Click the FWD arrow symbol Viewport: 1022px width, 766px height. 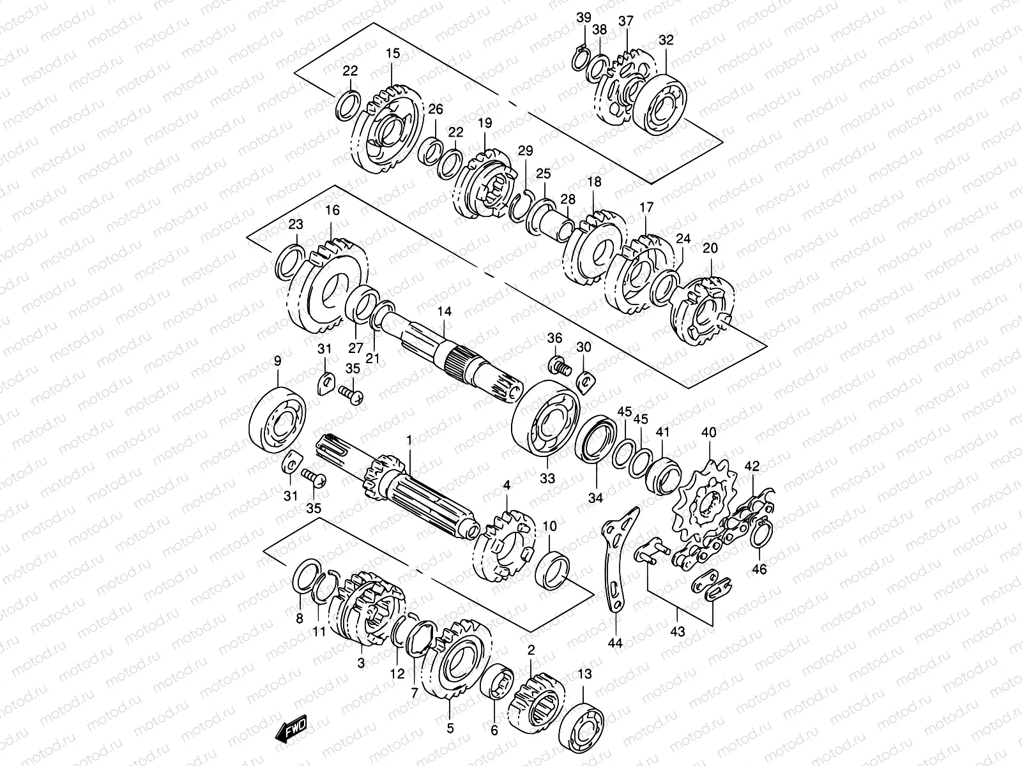[x=292, y=728]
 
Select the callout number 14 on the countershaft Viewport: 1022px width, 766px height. [x=445, y=312]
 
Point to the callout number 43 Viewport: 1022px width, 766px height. [x=678, y=632]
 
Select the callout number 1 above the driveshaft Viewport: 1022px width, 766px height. [x=409, y=440]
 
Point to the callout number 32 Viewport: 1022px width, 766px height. [x=666, y=40]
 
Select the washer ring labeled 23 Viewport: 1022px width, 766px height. [x=289, y=261]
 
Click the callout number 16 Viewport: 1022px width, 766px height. [x=332, y=211]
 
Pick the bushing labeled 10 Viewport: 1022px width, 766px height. [x=553, y=569]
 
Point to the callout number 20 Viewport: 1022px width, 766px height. [x=710, y=248]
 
